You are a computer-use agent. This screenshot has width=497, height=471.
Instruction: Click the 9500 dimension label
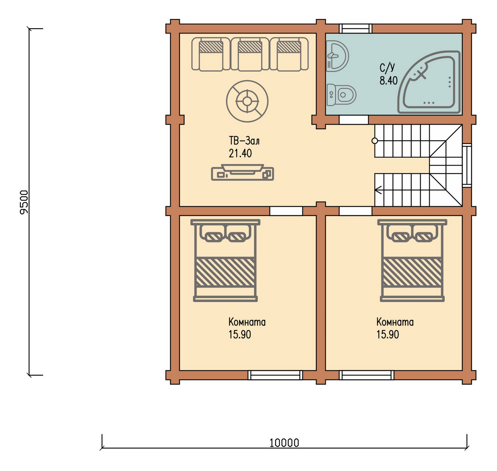click(x=24, y=202)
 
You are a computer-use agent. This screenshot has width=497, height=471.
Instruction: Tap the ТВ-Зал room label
click(x=244, y=140)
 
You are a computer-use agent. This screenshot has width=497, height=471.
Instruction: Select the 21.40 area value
click(x=240, y=153)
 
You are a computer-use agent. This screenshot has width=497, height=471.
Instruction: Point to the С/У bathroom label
click(x=387, y=68)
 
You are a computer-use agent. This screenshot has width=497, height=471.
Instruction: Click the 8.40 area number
click(x=388, y=80)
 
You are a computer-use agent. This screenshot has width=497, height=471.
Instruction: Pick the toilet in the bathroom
click(x=341, y=95)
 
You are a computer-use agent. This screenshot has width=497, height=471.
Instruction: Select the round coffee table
click(x=247, y=101)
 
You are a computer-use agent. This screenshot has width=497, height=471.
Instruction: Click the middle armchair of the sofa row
click(x=250, y=54)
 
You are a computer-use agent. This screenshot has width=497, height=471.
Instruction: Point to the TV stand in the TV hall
click(x=243, y=172)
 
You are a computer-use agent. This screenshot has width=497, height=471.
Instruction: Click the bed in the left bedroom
click(x=225, y=260)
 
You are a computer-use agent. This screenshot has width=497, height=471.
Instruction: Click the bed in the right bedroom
click(x=412, y=260)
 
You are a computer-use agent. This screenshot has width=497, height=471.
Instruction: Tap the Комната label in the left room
click(x=247, y=322)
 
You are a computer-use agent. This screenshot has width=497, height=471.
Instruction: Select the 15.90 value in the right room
click(x=388, y=334)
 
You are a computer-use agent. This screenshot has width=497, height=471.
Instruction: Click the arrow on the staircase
click(x=378, y=190)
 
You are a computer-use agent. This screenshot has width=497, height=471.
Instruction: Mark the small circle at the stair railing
click(x=375, y=141)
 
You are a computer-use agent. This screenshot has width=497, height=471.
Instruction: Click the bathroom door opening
click(x=354, y=120)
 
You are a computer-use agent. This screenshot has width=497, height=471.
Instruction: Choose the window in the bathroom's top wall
click(x=356, y=28)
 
